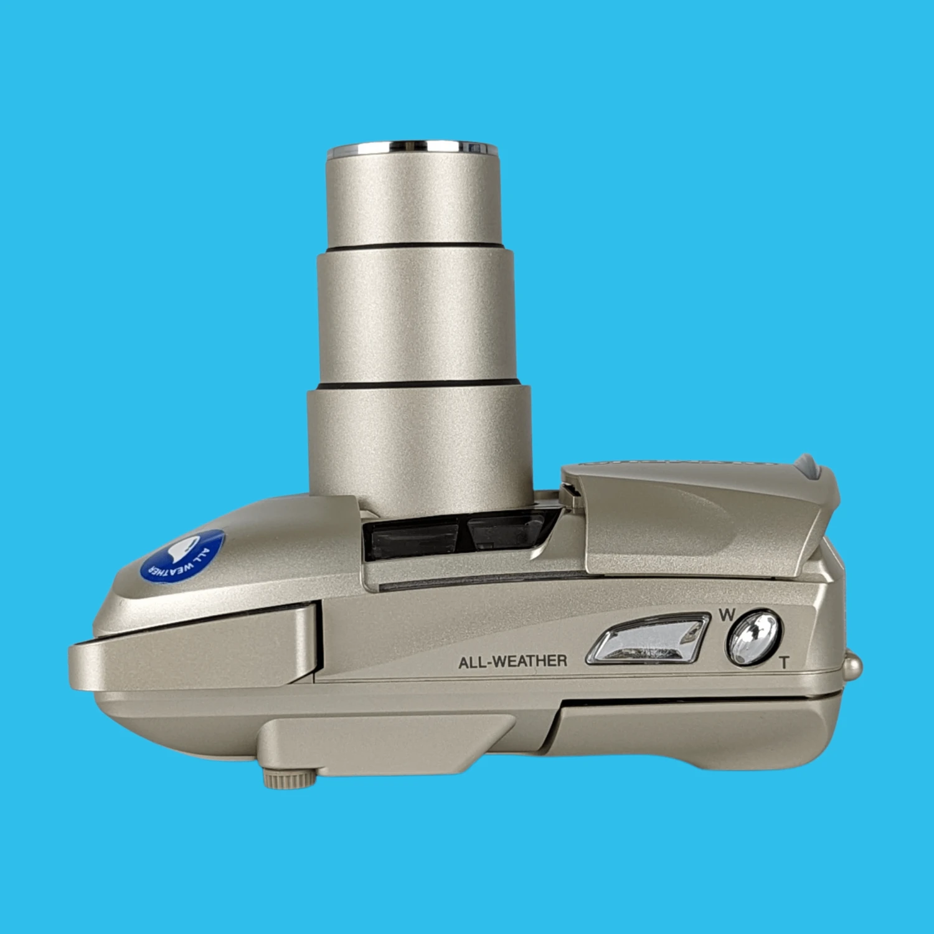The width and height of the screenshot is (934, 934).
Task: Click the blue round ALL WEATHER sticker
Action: coord(182,556)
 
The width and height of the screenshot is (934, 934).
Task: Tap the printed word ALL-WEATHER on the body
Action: coord(512,661)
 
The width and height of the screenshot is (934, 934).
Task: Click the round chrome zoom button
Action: coord(753,637)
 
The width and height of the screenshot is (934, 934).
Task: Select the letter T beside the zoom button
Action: coord(784,663)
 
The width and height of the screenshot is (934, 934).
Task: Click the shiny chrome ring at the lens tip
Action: coord(413,148)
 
